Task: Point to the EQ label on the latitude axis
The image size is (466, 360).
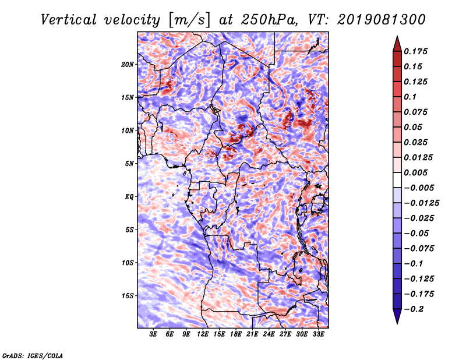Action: [129, 197]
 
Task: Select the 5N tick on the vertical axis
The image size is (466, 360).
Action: [129, 164]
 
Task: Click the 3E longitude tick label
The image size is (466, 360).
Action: [154, 335]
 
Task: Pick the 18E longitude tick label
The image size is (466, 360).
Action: [236, 335]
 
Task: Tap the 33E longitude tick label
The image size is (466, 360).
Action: [319, 335]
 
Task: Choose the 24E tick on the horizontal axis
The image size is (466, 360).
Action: [269, 335]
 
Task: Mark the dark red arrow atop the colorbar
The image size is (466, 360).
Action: [396, 44]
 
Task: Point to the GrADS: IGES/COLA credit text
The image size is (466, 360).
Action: [32, 355]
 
